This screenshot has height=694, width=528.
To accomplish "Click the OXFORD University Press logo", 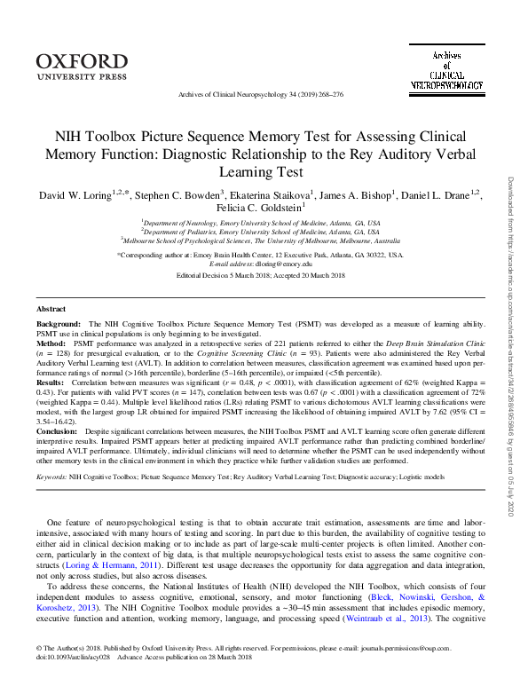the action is pyautogui.click(x=83, y=67).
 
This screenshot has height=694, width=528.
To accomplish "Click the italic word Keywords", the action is pyautogui.click(x=51, y=477).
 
